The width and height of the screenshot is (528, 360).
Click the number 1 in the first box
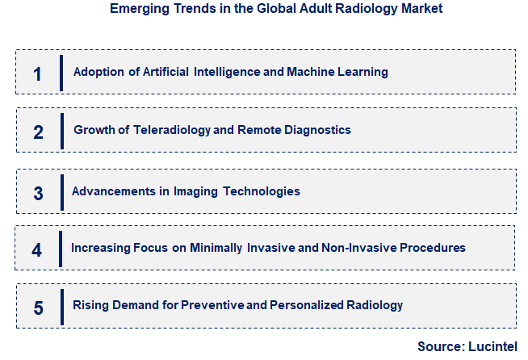click(x=37, y=73)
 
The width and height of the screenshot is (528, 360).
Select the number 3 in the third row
click(x=38, y=194)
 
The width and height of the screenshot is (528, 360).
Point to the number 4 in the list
click(x=37, y=249)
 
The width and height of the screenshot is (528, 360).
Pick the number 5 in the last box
click(x=38, y=308)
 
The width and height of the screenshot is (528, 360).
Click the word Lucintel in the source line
click(x=492, y=346)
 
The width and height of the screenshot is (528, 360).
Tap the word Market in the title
click(x=421, y=10)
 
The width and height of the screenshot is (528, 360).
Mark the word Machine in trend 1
click(x=312, y=72)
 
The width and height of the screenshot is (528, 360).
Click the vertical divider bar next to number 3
click(x=61, y=192)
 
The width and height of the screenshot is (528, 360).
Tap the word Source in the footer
click(x=440, y=346)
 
